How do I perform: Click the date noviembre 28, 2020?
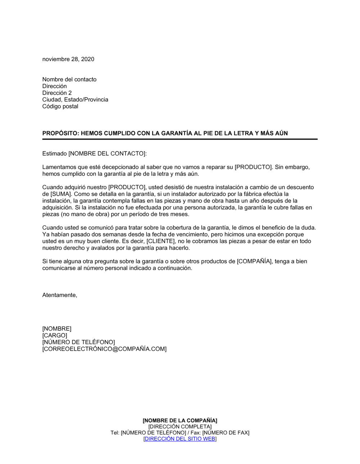point(68,59)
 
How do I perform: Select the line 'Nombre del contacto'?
point(69,79)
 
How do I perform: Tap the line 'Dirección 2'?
point(57,93)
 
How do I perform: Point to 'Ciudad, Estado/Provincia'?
point(75,100)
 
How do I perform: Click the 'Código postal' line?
point(60,106)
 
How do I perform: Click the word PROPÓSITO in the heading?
point(60,133)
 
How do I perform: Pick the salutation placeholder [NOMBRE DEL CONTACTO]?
point(107,154)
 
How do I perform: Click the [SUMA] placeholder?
point(58,194)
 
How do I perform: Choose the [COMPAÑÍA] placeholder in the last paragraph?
point(254,261)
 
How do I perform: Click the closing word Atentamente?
point(59,295)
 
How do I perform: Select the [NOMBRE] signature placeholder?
point(57,329)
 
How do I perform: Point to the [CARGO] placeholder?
point(54,336)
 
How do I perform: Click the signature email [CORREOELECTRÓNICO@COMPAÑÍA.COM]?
point(104,349)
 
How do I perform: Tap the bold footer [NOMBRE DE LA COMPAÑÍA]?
point(180,420)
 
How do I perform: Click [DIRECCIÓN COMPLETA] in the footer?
point(180,427)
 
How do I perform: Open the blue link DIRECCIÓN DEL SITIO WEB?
point(180,439)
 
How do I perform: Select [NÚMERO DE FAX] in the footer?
point(226,433)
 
